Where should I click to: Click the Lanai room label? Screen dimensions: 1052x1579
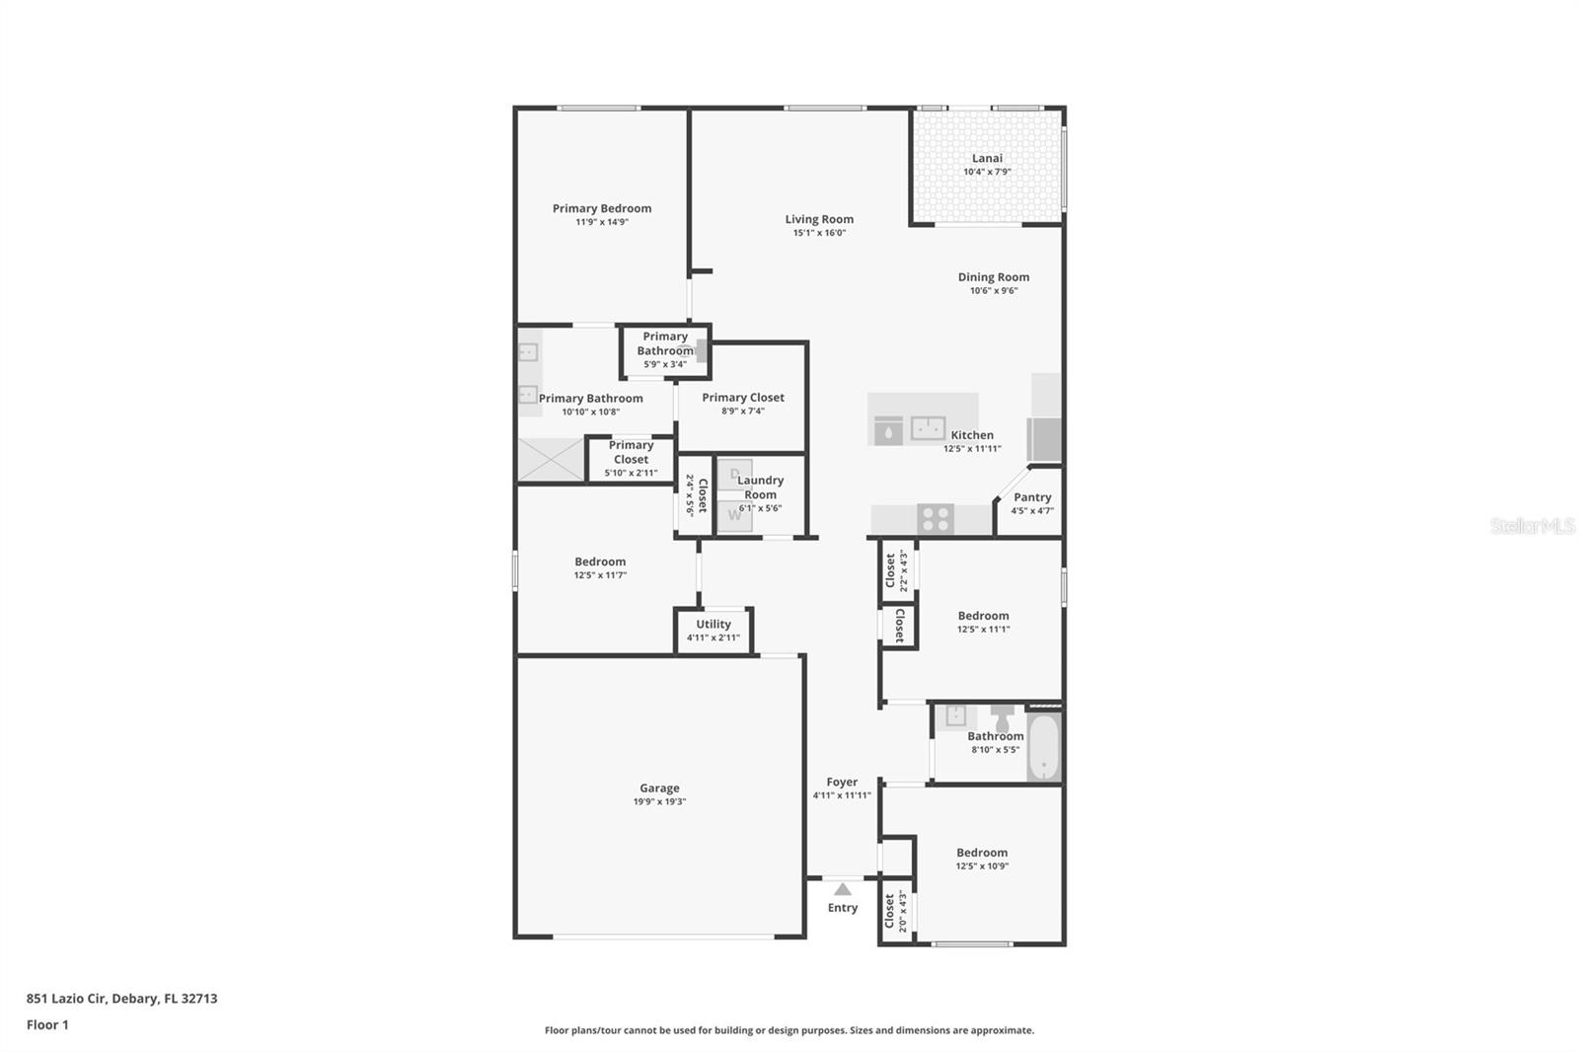(x=987, y=158)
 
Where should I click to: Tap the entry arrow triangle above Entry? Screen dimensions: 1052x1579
(x=843, y=889)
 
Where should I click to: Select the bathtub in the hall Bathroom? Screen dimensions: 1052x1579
(x=1043, y=747)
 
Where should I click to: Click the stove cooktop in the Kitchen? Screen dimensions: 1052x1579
(x=936, y=518)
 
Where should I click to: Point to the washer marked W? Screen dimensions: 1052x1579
(x=734, y=515)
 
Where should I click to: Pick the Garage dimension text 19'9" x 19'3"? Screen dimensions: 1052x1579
(x=659, y=802)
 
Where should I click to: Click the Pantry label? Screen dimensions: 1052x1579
(x=1032, y=497)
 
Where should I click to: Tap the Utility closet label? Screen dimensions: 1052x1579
(x=714, y=624)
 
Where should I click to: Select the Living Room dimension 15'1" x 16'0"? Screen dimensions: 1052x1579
(x=819, y=233)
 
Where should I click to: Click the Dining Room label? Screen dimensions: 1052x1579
(x=993, y=277)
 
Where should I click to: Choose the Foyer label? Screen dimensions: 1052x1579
(x=842, y=782)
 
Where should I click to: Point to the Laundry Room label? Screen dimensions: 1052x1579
(x=760, y=488)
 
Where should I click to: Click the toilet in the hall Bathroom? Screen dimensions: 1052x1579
(x=1003, y=714)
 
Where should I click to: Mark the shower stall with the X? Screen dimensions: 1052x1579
(x=551, y=460)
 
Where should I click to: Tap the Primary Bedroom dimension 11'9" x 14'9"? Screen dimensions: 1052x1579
(x=602, y=222)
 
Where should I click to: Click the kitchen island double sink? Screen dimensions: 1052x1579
(x=928, y=428)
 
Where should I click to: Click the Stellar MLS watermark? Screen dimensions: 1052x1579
(x=1532, y=526)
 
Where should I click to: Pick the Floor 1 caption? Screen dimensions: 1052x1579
(x=47, y=1024)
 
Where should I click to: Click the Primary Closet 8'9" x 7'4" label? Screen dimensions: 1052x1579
(x=743, y=398)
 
